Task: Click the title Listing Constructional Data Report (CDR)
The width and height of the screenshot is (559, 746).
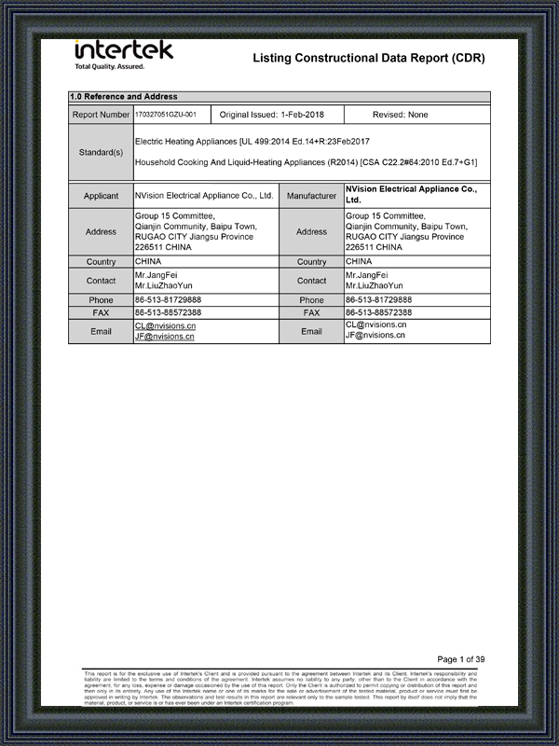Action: (x=369, y=59)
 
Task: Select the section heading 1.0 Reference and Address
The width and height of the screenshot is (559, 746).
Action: (x=124, y=97)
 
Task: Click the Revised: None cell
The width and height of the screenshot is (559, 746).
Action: (x=400, y=115)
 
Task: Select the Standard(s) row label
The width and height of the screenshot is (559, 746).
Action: (x=101, y=151)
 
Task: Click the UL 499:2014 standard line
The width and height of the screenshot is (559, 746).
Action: (x=252, y=141)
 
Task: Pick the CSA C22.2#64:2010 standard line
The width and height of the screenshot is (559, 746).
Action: (x=306, y=162)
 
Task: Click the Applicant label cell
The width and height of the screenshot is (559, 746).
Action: (x=101, y=196)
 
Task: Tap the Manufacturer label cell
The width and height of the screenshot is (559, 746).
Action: (x=311, y=196)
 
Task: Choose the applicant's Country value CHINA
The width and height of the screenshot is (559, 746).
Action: (x=148, y=262)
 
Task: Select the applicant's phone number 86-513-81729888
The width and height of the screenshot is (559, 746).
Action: (x=168, y=300)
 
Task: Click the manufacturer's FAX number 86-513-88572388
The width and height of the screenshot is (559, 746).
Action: (x=378, y=312)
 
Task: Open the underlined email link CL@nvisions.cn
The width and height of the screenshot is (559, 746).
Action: (x=164, y=326)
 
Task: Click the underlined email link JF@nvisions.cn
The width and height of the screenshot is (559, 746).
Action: (x=164, y=337)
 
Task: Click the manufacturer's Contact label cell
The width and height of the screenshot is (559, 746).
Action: (x=311, y=281)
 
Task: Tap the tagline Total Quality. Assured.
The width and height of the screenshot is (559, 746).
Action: (x=109, y=67)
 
